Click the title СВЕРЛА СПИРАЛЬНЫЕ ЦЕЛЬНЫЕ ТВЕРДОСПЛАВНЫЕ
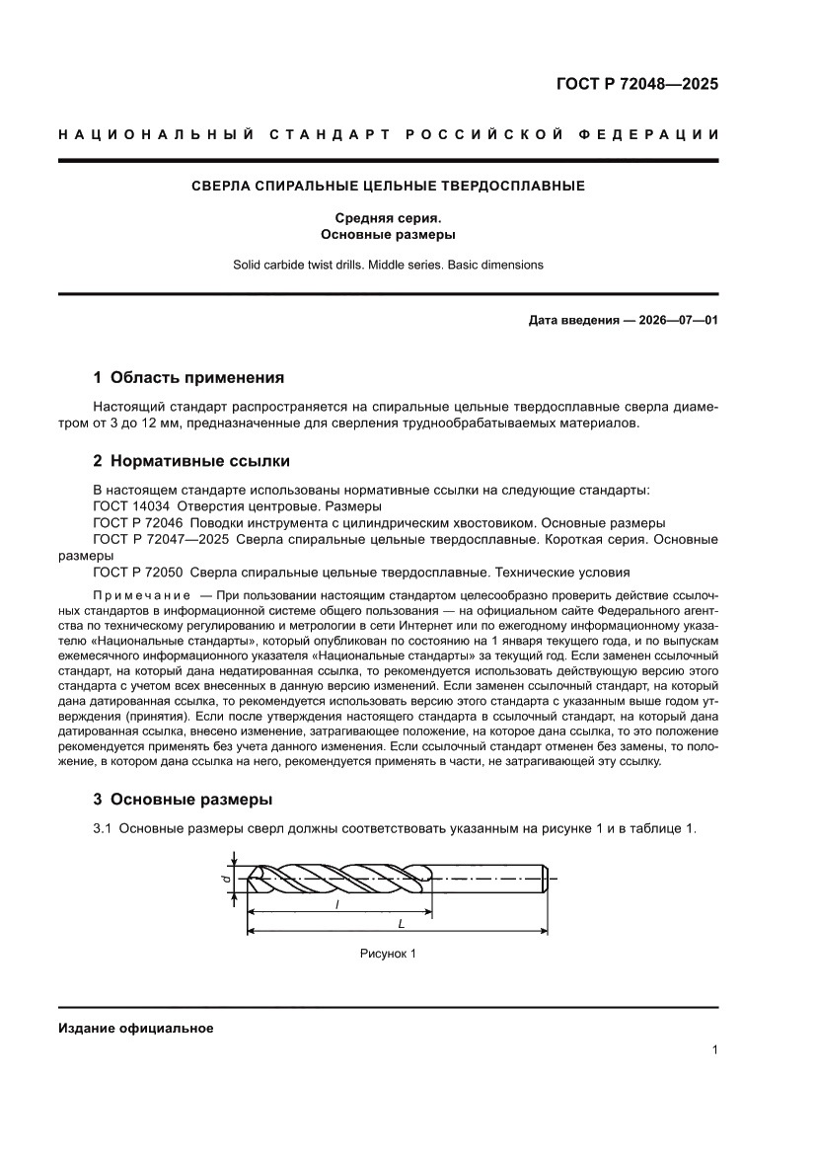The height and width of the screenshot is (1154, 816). (x=388, y=186)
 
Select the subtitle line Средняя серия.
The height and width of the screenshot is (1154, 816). (x=388, y=218)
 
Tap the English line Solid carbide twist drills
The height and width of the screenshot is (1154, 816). (x=388, y=265)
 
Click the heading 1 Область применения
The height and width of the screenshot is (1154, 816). (x=188, y=377)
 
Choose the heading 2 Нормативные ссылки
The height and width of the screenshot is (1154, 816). (x=190, y=461)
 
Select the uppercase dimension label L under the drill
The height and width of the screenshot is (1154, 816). (x=400, y=924)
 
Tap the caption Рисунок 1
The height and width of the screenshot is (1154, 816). (x=388, y=954)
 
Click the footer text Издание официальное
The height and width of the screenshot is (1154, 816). (x=135, y=1028)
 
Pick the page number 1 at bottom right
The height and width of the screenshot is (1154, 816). (x=713, y=1050)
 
